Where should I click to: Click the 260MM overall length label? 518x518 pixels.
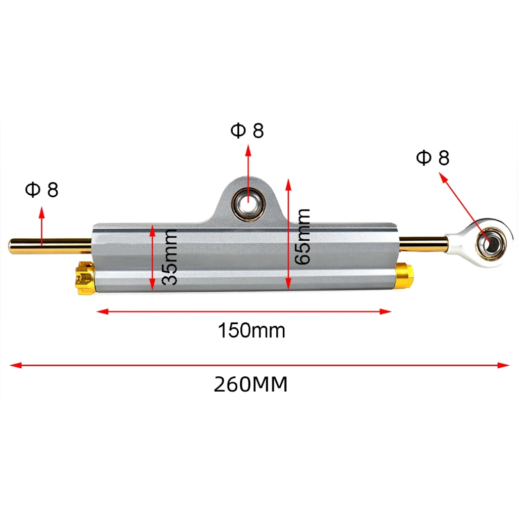click(x=250, y=385)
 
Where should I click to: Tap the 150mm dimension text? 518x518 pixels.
click(x=251, y=331)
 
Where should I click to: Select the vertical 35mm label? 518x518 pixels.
click(x=170, y=257)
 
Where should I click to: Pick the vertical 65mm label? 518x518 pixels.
click(x=303, y=236)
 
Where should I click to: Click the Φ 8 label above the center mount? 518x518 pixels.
click(x=247, y=131)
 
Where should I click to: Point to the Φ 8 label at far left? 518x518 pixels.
click(x=41, y=190)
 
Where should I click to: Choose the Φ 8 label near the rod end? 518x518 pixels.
click(x=433, y=158)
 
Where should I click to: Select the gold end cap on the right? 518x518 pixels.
click(x=404, y=277)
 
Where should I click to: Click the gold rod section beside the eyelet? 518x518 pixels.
click(x=424, y=244)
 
